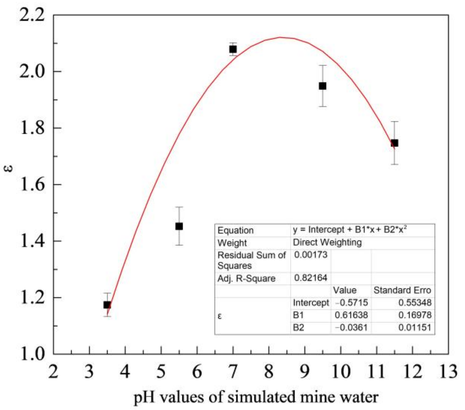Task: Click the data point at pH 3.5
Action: coord(107,305)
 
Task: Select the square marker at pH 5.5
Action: coord(179,226)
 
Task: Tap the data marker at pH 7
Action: coord(233,49)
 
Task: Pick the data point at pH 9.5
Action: coord(322,86)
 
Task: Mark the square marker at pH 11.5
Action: coord(395,143)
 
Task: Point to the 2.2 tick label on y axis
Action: coord(32,15)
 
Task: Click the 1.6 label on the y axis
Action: coord(32,185)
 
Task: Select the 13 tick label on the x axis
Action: coord(448,371)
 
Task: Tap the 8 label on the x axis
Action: coord(269,371)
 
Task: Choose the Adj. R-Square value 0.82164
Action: coord(311,278)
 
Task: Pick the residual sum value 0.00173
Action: coord(311,255)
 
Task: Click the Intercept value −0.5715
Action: coord(351,302)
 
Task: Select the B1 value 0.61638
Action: coord(351,315)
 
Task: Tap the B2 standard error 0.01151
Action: coord(415,328)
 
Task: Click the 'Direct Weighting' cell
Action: coord(327,242)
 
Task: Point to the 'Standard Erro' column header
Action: coord(402,290)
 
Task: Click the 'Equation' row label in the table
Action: coord(236,230)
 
